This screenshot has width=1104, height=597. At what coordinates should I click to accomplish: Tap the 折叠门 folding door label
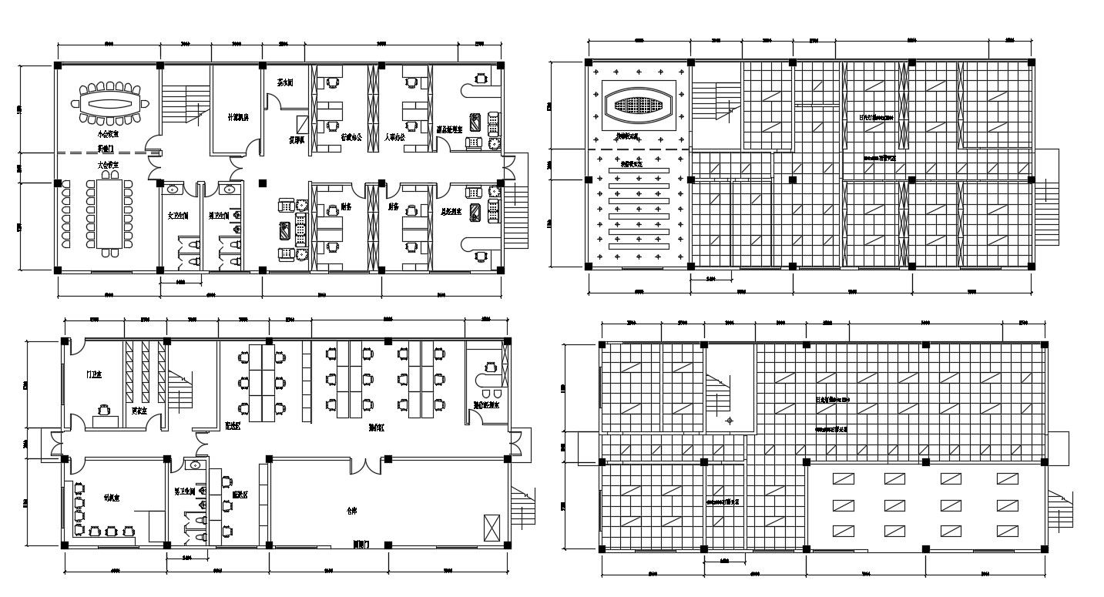106,147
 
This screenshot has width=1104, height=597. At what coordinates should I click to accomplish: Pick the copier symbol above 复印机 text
303,124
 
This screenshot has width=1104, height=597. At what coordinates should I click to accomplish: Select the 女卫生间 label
178,216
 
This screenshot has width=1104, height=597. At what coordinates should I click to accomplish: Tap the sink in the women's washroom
173,188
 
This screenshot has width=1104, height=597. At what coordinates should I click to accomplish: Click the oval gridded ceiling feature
636,105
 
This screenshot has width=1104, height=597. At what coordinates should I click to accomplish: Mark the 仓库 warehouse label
352,510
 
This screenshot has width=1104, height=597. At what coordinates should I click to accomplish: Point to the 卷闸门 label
361,544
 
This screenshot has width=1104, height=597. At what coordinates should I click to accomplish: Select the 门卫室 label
94,374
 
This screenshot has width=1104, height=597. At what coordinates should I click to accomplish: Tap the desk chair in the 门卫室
103,410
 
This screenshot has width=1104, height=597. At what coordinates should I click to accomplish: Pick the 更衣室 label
139,410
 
